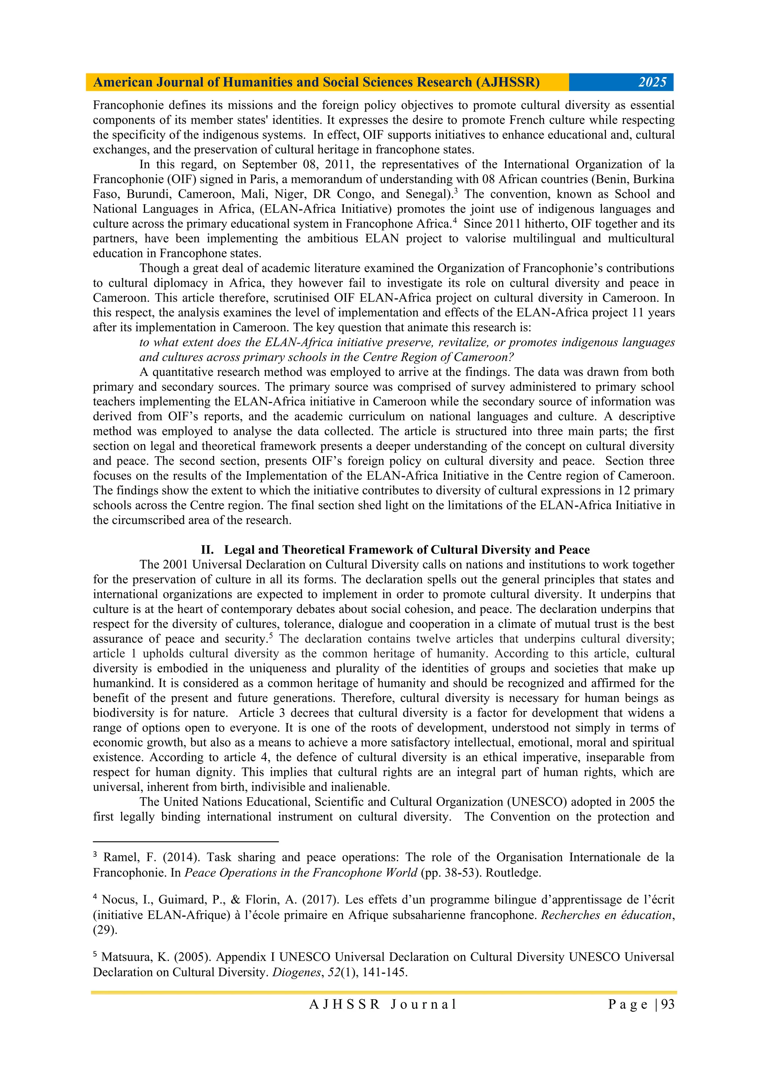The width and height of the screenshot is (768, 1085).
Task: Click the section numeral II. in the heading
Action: pyautogui.click(x=207, y=550)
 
